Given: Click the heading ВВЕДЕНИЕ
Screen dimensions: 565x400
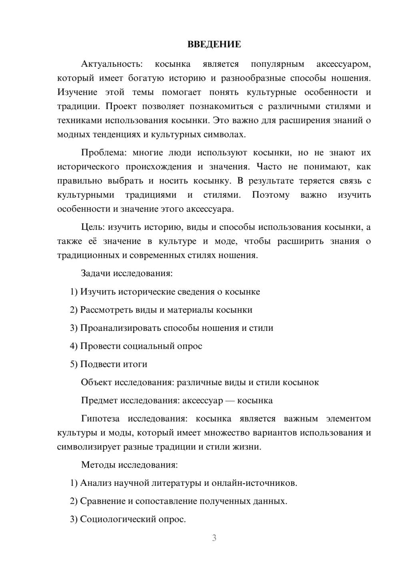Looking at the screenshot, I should (x=214, y=44).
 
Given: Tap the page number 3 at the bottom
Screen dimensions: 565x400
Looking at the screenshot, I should (x=214, y=538).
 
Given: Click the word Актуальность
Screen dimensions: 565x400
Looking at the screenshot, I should (x=112, y=64).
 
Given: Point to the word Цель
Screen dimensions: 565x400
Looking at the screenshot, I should (x=93, y=227).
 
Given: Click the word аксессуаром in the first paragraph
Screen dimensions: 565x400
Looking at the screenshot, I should (x=344, y=64).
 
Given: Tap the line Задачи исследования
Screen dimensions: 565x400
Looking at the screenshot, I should (x=127, y=274).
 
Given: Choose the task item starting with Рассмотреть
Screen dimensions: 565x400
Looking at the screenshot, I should (x=161, y=310).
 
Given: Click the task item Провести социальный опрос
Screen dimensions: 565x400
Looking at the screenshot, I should (x=136, y=346).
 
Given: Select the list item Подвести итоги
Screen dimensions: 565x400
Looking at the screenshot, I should (x=109, y=364).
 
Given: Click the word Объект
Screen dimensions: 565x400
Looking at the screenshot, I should (x=96, y=382).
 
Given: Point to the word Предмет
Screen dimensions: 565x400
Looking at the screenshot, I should (x=99, y=401).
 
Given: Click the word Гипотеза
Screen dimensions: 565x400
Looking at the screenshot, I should (x=100, y=419).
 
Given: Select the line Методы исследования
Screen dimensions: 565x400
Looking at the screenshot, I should (x=129, y=465).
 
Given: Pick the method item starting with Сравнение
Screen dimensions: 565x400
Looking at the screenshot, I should (x=178, y=501).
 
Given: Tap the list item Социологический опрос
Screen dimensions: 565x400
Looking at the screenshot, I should (x=128, y=519).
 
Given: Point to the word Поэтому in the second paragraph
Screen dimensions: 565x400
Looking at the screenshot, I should (x=271, y=195).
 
